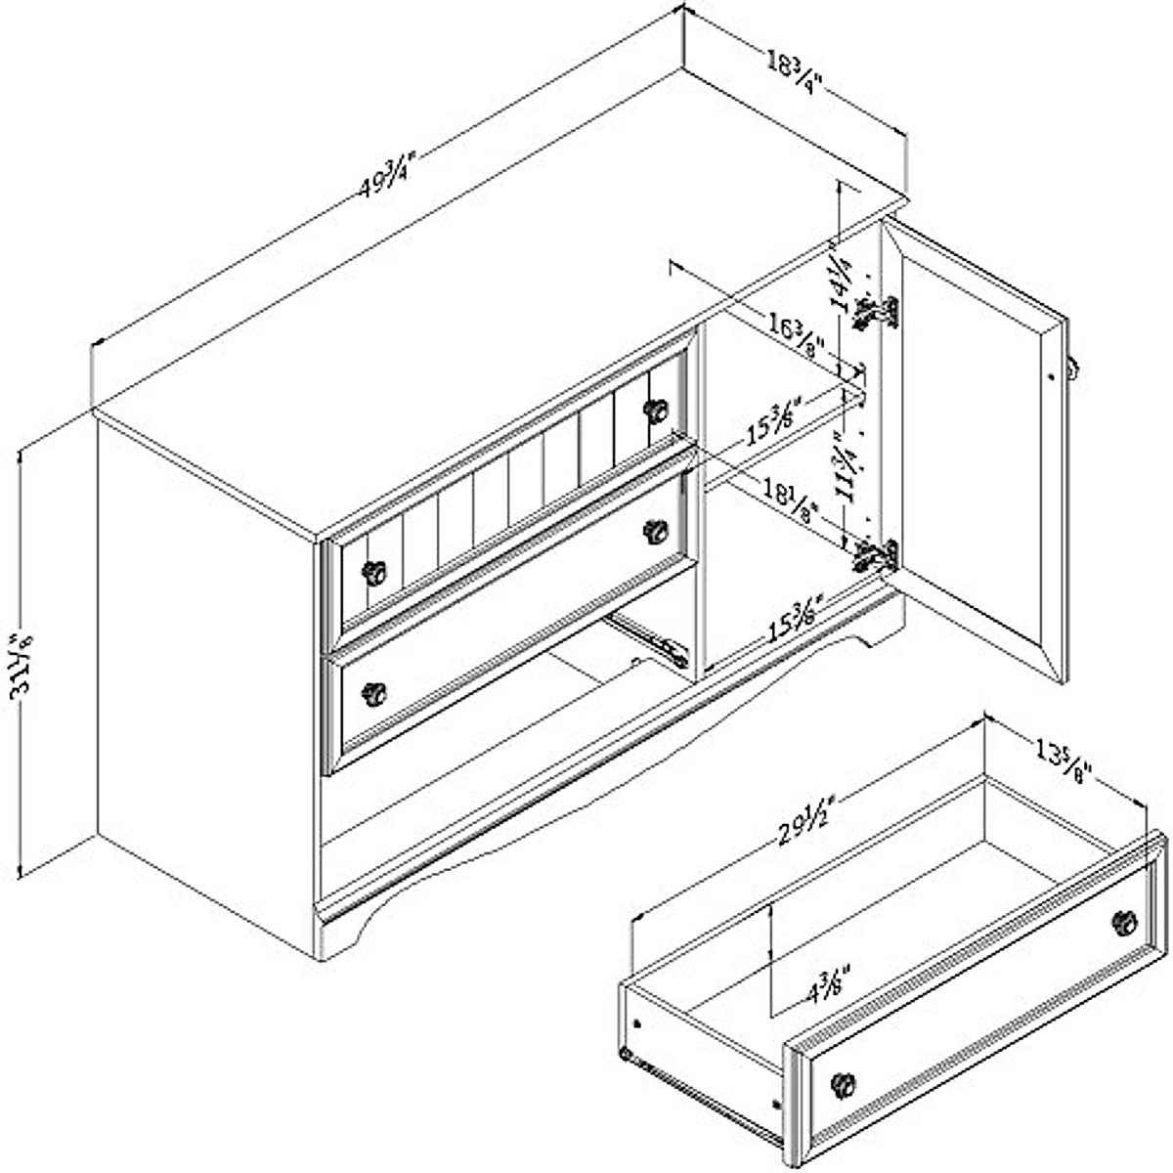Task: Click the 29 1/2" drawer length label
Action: click(796, 819)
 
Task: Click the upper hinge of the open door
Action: click(876, 312)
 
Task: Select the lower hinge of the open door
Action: click(876, 555)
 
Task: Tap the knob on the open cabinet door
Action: click(1072, 369)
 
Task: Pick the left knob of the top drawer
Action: click(372, 572)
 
